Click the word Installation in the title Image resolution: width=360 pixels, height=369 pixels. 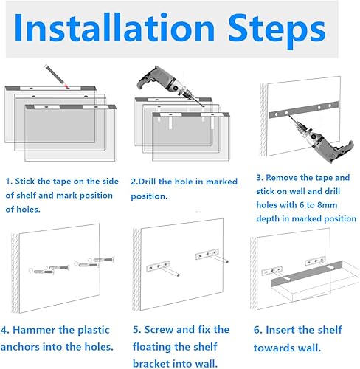click(114, 27)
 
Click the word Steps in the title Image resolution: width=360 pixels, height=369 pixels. click(277, 30)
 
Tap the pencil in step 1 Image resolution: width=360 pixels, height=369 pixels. click(57, 76)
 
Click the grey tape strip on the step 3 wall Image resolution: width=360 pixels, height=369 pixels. click(304, 110)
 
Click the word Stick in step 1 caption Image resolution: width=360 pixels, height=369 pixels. click(24, 182)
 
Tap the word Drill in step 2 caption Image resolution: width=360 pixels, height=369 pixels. click(148, 182)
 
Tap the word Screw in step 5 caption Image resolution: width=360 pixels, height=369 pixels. click(159, 330)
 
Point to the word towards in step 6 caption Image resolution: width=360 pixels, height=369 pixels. click(274, 348)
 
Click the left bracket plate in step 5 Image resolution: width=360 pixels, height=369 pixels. click(159, 266)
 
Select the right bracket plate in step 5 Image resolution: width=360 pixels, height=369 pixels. click(207, 255)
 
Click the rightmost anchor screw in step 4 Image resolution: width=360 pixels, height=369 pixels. click(103, 260)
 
